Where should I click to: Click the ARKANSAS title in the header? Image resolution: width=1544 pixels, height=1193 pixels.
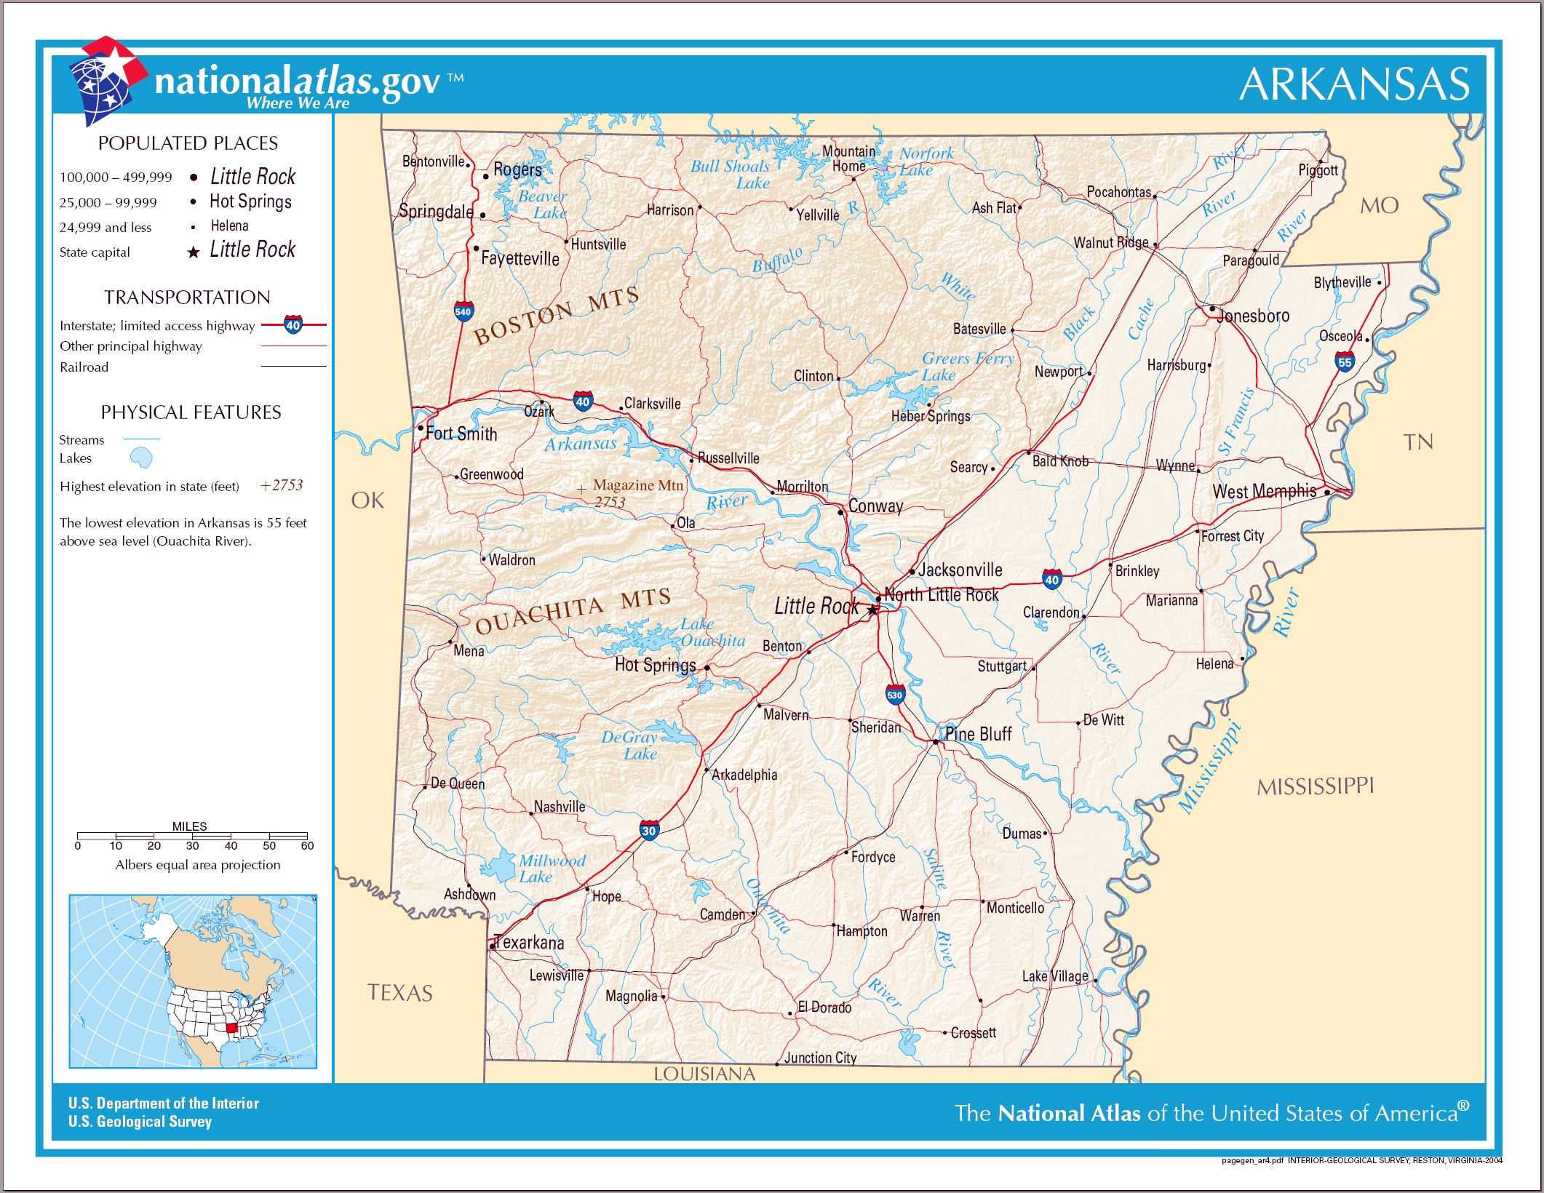tap(1354, 84)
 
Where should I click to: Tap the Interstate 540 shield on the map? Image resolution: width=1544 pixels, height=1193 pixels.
tap(463, 311)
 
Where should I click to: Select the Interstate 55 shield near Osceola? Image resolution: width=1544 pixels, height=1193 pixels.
tap(1344, 362)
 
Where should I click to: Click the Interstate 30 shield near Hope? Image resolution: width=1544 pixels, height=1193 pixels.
tap(649, 830)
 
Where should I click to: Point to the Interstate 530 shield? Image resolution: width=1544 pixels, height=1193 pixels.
tap(894, 695)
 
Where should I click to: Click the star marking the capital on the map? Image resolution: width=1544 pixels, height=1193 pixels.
tap(872, 610)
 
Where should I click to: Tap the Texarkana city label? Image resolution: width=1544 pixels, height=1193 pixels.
tap(529, 943)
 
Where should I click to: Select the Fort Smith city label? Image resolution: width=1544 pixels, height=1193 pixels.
tap(461, 434)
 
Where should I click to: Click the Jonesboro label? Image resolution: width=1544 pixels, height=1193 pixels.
tap(1253, 316)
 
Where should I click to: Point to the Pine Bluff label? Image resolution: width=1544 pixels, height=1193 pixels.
tap(978, 734)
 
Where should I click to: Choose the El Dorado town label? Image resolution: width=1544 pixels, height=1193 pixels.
tap(824, 1008)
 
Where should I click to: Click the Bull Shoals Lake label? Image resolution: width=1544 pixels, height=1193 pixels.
tap(730, 175)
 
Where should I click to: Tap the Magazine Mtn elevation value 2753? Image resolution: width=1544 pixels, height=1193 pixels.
tap(610, 502)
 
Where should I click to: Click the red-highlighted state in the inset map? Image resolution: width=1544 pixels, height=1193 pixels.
tap(231, 1028)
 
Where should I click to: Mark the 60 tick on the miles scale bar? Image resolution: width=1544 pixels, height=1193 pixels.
tap(307, 845)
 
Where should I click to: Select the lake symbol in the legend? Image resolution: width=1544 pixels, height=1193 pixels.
tap(141, 458)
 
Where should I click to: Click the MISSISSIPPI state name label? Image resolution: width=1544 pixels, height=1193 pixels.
tap(1315, 786)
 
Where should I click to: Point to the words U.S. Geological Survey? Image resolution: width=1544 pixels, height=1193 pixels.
tap(140, 1122)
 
